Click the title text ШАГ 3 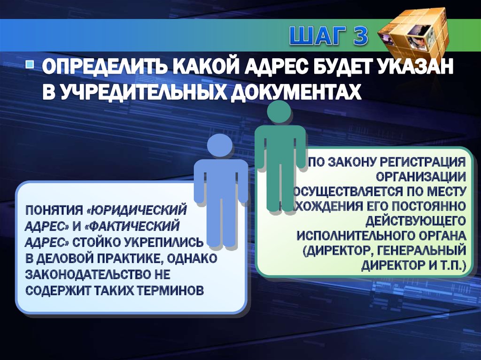point(327,37)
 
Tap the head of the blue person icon point(219,145)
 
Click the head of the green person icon point(279,111)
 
